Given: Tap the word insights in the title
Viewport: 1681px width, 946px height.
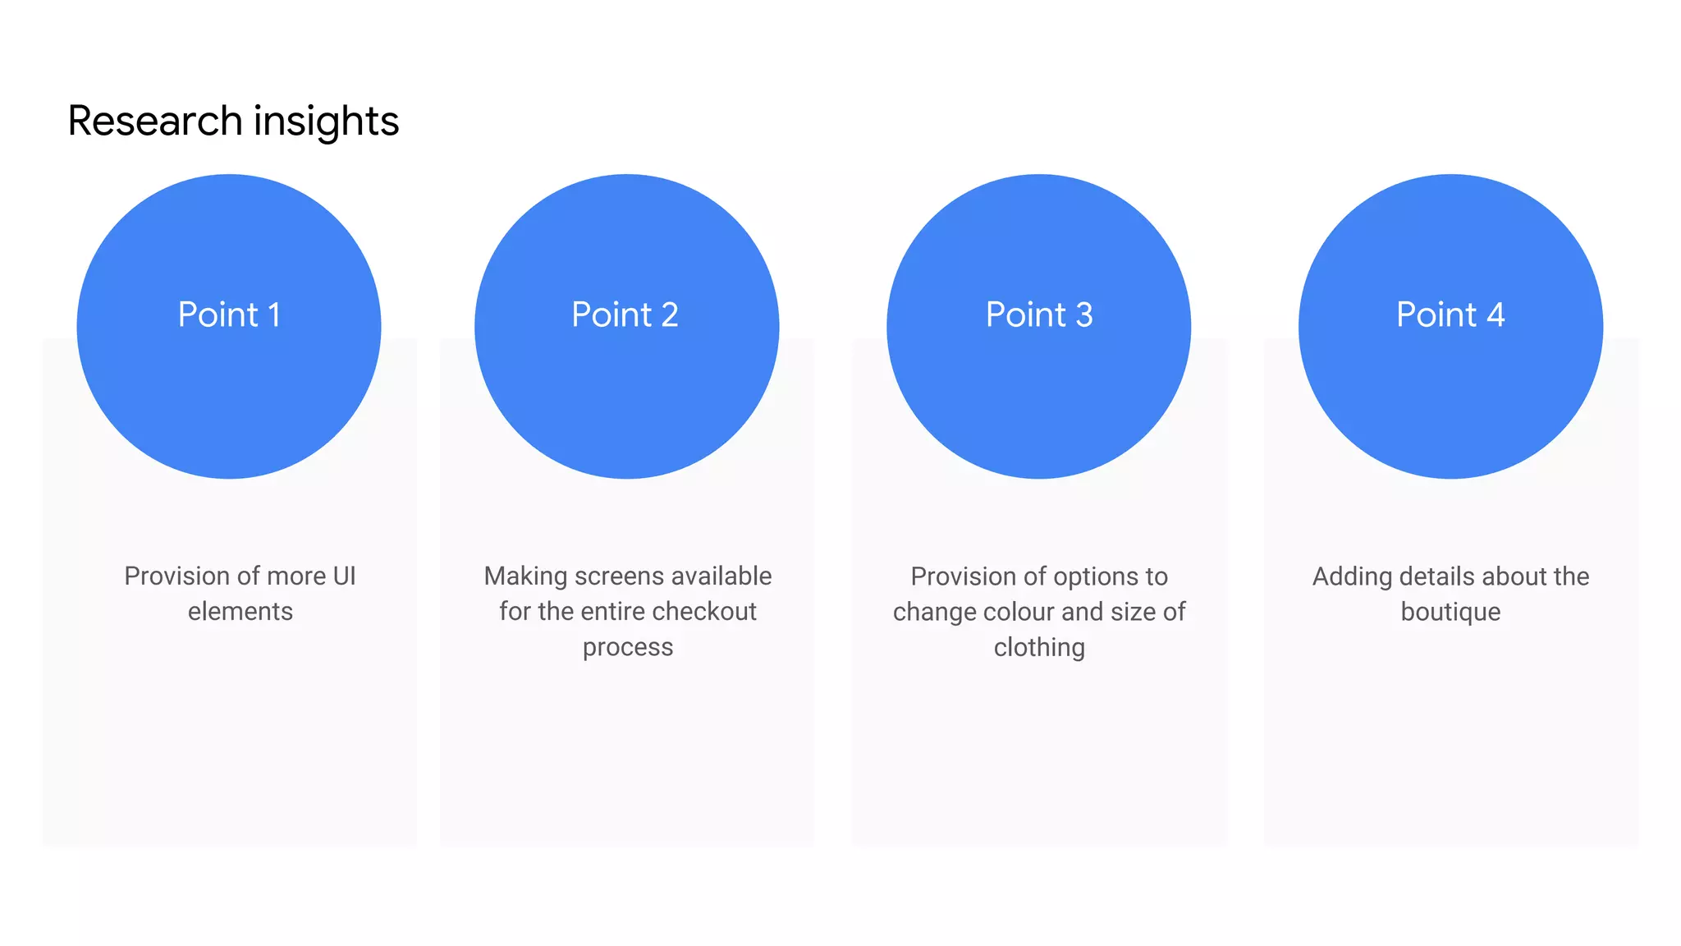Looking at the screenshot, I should tap(326, 122).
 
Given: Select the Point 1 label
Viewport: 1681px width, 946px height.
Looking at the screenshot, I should tap(229, 315).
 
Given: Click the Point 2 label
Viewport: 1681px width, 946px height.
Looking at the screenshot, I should tap(625, 315).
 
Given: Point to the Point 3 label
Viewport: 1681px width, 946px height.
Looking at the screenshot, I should tap(1038, 315).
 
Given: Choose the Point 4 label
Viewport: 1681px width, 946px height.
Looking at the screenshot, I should tap(1450, 315).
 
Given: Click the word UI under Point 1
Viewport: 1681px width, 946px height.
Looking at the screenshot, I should tap(344, 576).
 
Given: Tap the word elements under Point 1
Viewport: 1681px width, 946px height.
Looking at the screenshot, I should tap(240, 612).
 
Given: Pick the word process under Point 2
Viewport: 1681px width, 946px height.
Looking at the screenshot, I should tap(628, 648).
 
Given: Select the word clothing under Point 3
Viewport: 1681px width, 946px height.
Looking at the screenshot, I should tap(1039, 648).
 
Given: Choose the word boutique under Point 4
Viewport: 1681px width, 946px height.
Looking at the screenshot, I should tap(1450, 612).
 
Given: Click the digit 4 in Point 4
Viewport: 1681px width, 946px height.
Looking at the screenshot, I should tap(1495, 315).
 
